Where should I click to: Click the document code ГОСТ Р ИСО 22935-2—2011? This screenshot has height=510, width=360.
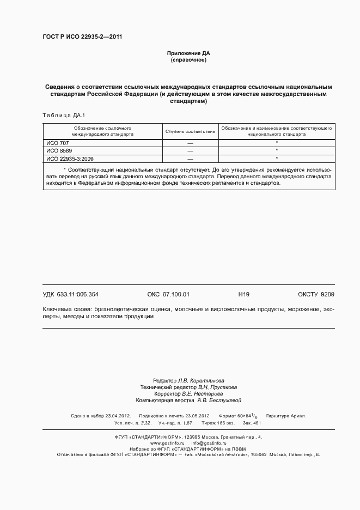coord(82,37)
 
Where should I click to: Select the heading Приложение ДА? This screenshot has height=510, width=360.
coord(188,53)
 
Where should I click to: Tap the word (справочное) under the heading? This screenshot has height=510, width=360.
coord(188,60)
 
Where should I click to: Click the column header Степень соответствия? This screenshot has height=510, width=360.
coord(190,131)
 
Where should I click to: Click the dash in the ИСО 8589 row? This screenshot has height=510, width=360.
coord(190,150)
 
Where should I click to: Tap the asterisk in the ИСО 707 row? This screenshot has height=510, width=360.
coord(277,142)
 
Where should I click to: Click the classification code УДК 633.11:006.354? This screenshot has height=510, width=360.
coord(70,294)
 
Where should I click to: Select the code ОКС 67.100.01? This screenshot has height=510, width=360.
coord(168,294)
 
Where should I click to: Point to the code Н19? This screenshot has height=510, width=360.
coord(243,294)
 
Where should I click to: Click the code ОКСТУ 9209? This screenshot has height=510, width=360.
coord(316,294)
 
